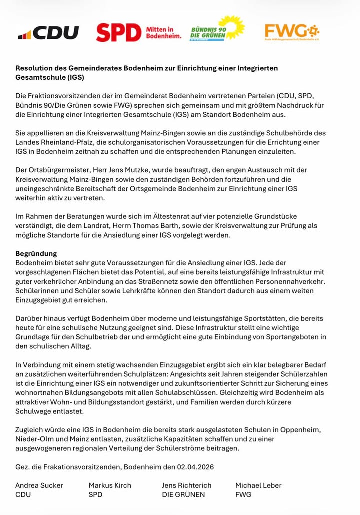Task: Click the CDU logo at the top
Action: click(49, 33)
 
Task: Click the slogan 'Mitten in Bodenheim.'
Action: click(163, 34)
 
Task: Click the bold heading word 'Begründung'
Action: click(36, 253)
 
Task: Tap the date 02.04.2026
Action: click(195, 467)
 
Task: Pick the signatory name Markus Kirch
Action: click(110, 485)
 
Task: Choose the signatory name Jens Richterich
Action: click(187, 485)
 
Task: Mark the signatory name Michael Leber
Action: click(258, 485)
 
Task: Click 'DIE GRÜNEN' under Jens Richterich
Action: click(183, 495)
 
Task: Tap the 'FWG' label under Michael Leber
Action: click(243, 495)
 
